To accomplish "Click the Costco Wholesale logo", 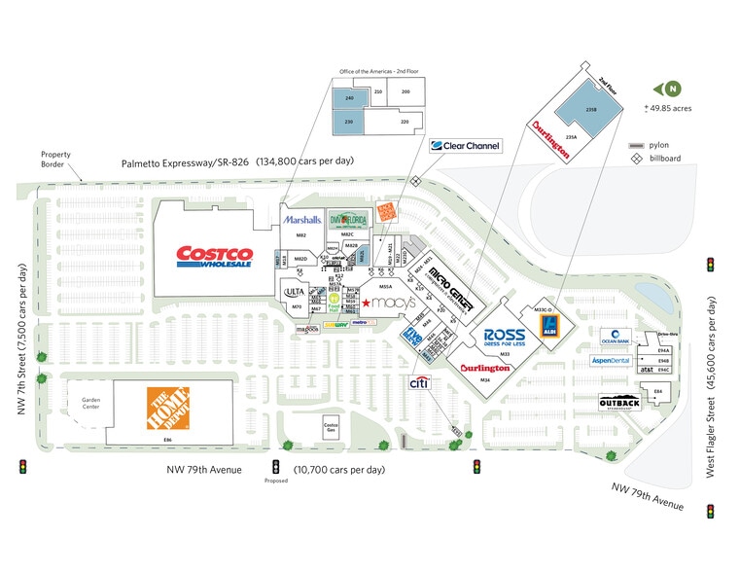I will click(214, 257).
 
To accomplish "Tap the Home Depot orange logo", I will click(168, 408).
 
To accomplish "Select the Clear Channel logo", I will click(466, 146).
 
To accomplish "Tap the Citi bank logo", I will click(419, 384).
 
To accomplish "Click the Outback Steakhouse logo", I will click(619, 404).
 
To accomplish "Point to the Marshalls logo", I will click(302, 220).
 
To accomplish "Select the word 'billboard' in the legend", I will click(665, 158).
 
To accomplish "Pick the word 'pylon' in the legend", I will click(660, 144).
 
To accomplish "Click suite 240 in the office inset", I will click(348, 98).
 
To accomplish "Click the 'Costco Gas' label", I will click(330, 428).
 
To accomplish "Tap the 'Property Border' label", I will click(55, 159).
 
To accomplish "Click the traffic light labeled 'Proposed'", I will click(275, 466).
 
